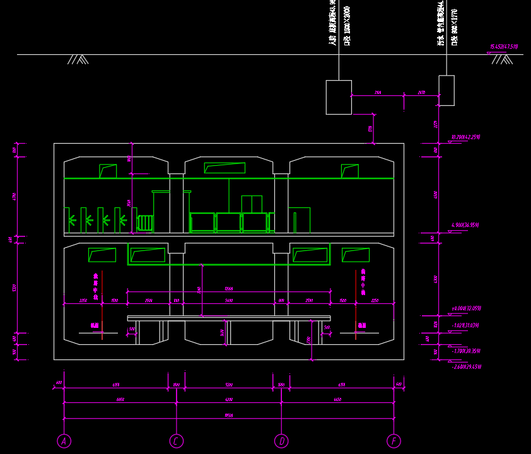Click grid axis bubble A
pos(64,441)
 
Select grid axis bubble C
pos(177,441)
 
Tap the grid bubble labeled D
pos(281,441)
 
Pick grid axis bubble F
pos(394,441)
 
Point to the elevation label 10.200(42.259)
pos(466,137)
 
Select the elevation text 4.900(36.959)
pos(466,225)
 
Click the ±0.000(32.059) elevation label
pos(467,308)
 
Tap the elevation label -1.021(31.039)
pos(466,325)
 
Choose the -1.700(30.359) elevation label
pos(467,351)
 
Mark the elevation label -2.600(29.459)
pos(467,366)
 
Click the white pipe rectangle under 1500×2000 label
pos(339,97)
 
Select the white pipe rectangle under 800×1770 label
pos(446,90)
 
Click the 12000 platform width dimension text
pos(228,289)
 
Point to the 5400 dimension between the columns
pos(228,301)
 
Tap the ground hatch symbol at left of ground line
pos(78,59)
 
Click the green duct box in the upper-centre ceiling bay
pos(225,168)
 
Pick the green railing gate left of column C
pos(145,223)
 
